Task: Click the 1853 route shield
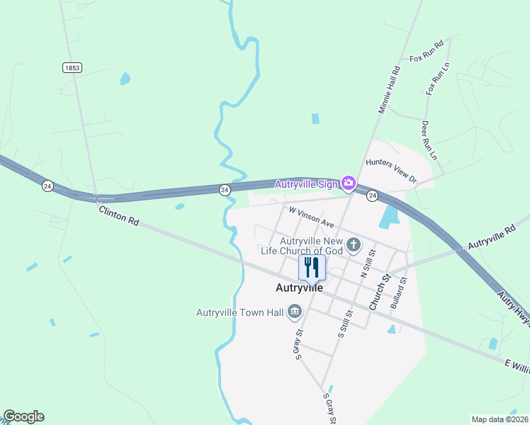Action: (72, 67)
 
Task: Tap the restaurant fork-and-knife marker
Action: (312, 267)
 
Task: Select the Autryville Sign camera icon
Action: (348, 183)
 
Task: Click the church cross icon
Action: (354, 246)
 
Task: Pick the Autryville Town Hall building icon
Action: (295, 312)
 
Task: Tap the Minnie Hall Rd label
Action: (390, 90)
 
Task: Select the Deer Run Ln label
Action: (429, 140)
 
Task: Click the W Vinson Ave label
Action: (311, 217)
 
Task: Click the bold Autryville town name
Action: (299, 288)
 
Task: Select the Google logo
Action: (23, 416)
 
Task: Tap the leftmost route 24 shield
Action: (47, 186)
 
